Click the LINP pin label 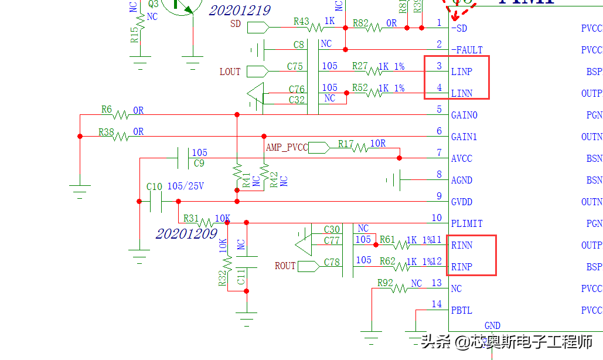coord(461,72)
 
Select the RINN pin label coord(462,245)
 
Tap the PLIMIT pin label coord(467,223)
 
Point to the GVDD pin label coord(463,202)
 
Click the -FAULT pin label coord(467,50)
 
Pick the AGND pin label coord(462,180)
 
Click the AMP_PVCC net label coord(287,147)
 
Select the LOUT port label coord(230,72)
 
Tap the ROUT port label coord(285,266)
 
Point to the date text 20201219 coord(240,11)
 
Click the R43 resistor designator coord(301,22)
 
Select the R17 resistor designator coord(346,143)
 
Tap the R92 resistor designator coord(385,283)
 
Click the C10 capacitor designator coord(154,186)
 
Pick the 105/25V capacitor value coord(186,186)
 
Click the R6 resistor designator coord(106,110)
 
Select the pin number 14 coord(437,304)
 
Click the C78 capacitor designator coord(332,262)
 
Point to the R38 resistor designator coord(106,132)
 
